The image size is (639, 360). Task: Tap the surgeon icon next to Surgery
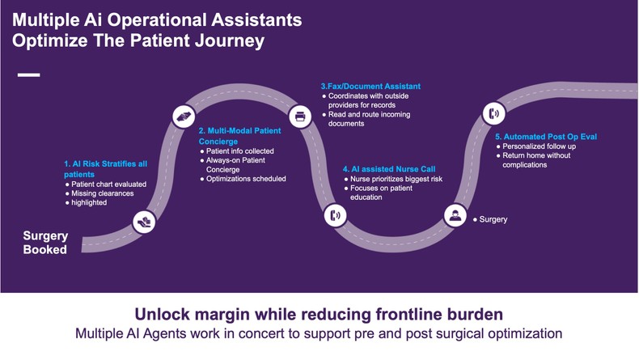tap(455, 216)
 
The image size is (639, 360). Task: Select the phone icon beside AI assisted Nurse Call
tap(336, 215)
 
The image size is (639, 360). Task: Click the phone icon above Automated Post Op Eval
tap(493, 112)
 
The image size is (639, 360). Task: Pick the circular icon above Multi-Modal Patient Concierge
tap(185, 116)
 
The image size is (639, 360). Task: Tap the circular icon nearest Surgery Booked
tap(144, 221)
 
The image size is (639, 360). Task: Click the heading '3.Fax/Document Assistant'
tap(370, 86)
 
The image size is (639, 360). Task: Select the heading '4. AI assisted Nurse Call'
tap(389, 169)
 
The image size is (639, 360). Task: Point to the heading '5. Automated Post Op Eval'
tap(546, 137)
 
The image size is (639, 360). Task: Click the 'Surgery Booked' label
tap(45, 243)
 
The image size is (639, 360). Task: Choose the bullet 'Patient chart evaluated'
tap(108, 184)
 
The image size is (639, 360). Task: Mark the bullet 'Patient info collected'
tap(240, 151)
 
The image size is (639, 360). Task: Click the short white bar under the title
tap(28, 75)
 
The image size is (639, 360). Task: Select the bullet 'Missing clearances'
tap(101, 193)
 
